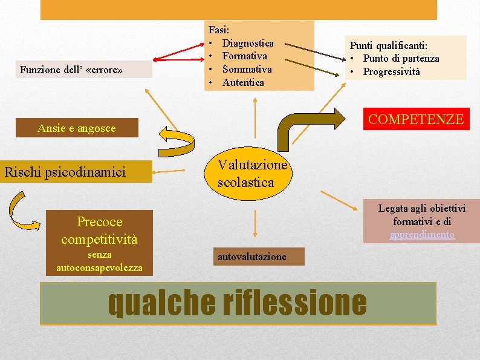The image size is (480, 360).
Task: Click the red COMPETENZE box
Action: coord(416,119)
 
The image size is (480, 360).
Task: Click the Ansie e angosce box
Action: coord(76,128)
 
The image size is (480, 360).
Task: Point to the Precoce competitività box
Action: coord(99,230)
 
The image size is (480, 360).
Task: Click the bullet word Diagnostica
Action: coord(248,44)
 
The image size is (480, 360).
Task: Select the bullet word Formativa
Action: coord(244,56)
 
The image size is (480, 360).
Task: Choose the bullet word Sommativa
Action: coord(247,69)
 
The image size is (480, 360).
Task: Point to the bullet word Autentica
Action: coord(243,82)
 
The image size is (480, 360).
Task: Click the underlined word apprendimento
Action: coord(422,235)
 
